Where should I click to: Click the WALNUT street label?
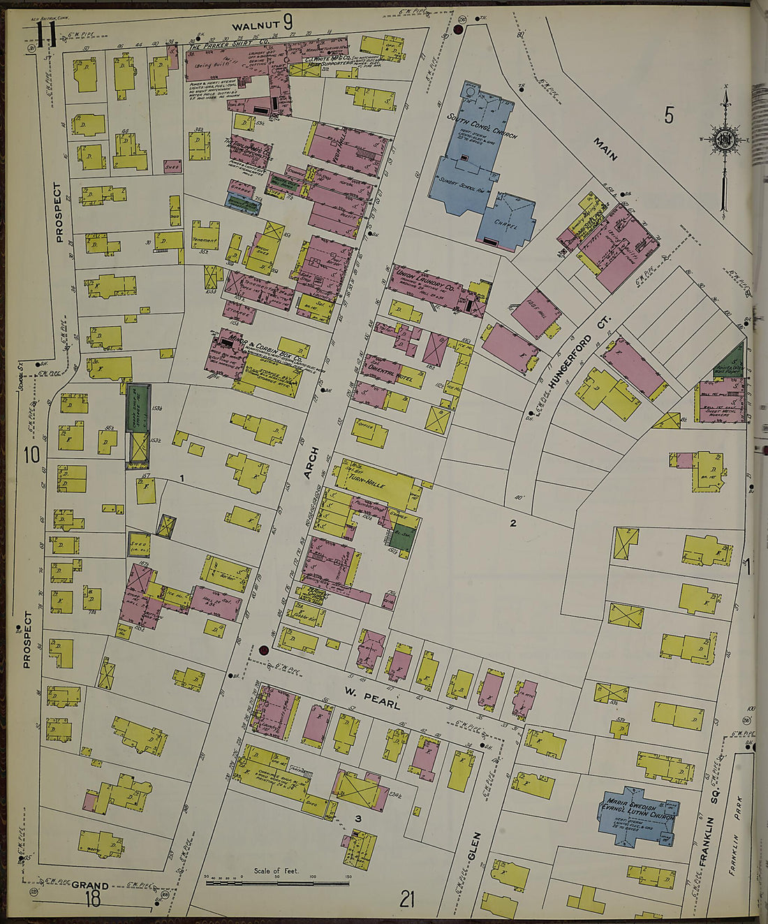coord(256,26)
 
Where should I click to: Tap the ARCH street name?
coord(311,463)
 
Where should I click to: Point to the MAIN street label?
coord(605,149)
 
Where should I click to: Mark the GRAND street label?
coord(90,886)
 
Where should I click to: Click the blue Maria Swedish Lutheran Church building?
coord(637,812)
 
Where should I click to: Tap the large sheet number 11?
coord(46,34)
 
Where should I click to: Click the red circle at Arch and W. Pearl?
coord(264,651)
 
